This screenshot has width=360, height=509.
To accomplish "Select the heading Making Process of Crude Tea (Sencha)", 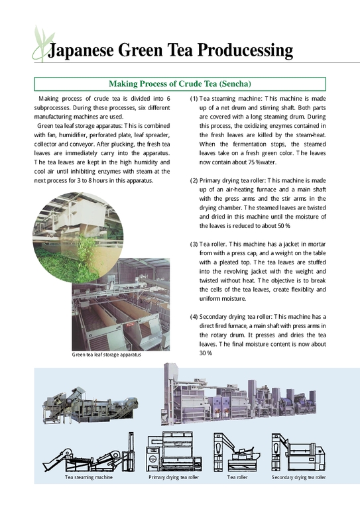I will pos(180,84).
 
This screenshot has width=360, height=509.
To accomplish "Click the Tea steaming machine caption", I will pos(88,477).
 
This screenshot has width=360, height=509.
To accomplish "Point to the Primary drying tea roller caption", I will pos(174,477).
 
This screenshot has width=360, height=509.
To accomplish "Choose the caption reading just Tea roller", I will pos(237,477).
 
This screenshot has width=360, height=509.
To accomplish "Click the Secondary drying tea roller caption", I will pos(299,477).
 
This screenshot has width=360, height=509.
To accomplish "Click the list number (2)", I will pos(194,180).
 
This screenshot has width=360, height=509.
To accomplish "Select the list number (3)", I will pos(194,243).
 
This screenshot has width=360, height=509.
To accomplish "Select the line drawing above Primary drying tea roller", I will pos(174,451).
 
